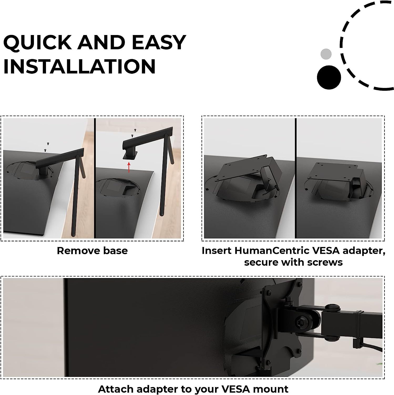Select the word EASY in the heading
pos(159,42)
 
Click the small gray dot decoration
pos(326,54)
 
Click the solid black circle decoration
pos(329,77)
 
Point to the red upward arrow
pos(129,167)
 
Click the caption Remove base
pos(92,250)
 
